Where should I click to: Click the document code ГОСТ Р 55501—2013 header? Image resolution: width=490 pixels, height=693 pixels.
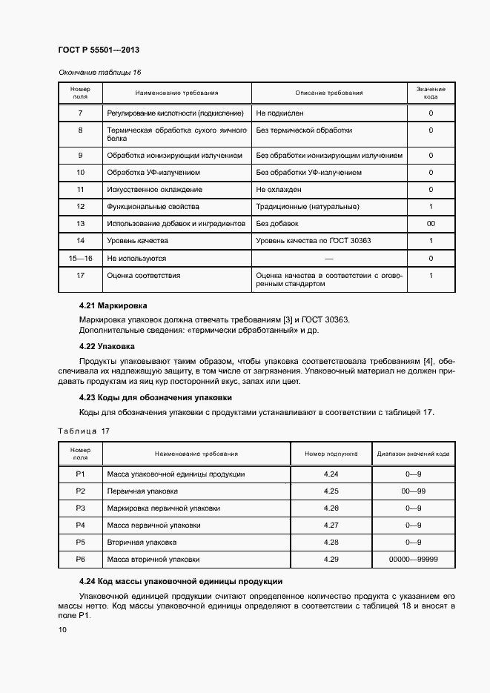coord(99,50)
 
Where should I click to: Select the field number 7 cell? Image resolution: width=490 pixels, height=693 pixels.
coord(80,113)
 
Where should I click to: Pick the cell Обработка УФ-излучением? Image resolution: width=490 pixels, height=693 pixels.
coord(153,173)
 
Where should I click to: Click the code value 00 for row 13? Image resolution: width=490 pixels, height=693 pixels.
coord(431,224)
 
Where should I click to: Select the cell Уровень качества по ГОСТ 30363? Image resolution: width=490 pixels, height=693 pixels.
coord(314,241)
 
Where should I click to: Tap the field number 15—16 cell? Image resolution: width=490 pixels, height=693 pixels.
coord(80,259)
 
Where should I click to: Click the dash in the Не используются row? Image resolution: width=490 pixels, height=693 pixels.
coord(329,259)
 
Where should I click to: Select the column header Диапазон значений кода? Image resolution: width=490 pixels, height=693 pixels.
coord(413,454)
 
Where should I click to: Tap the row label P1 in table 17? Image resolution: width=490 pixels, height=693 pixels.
coord(80,474)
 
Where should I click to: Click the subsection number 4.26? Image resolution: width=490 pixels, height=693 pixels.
coord(331,508)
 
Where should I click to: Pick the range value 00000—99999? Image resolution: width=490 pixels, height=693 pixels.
coord(413,559)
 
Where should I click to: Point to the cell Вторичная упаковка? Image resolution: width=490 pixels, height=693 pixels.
coord(142,542)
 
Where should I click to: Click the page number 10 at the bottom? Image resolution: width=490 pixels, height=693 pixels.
coord(62,630)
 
